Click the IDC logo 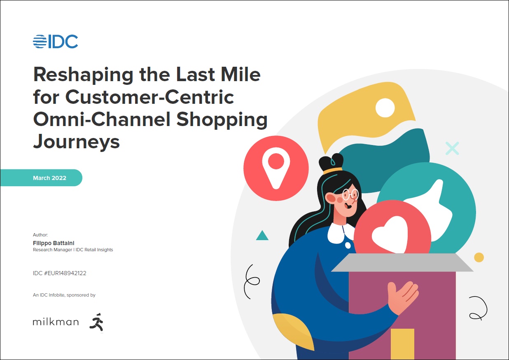[x=56, y=41]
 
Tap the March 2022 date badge [x=41, y=178]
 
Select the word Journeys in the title [x=76, y=142]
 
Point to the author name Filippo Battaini [x=54, y=243]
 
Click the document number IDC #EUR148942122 [x=60, y=273]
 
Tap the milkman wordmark [x=56, y=322]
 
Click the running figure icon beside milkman [x=97, y=322]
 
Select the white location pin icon [x=276, y=168]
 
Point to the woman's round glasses [x=350, y=194]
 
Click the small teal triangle [x=262, y=236]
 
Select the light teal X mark [x=452, y=148]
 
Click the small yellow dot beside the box [x=479, y=257]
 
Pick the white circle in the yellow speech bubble [x=385, y=108]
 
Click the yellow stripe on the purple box [x=402, y=344]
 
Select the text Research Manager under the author [x=52, y=250]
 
